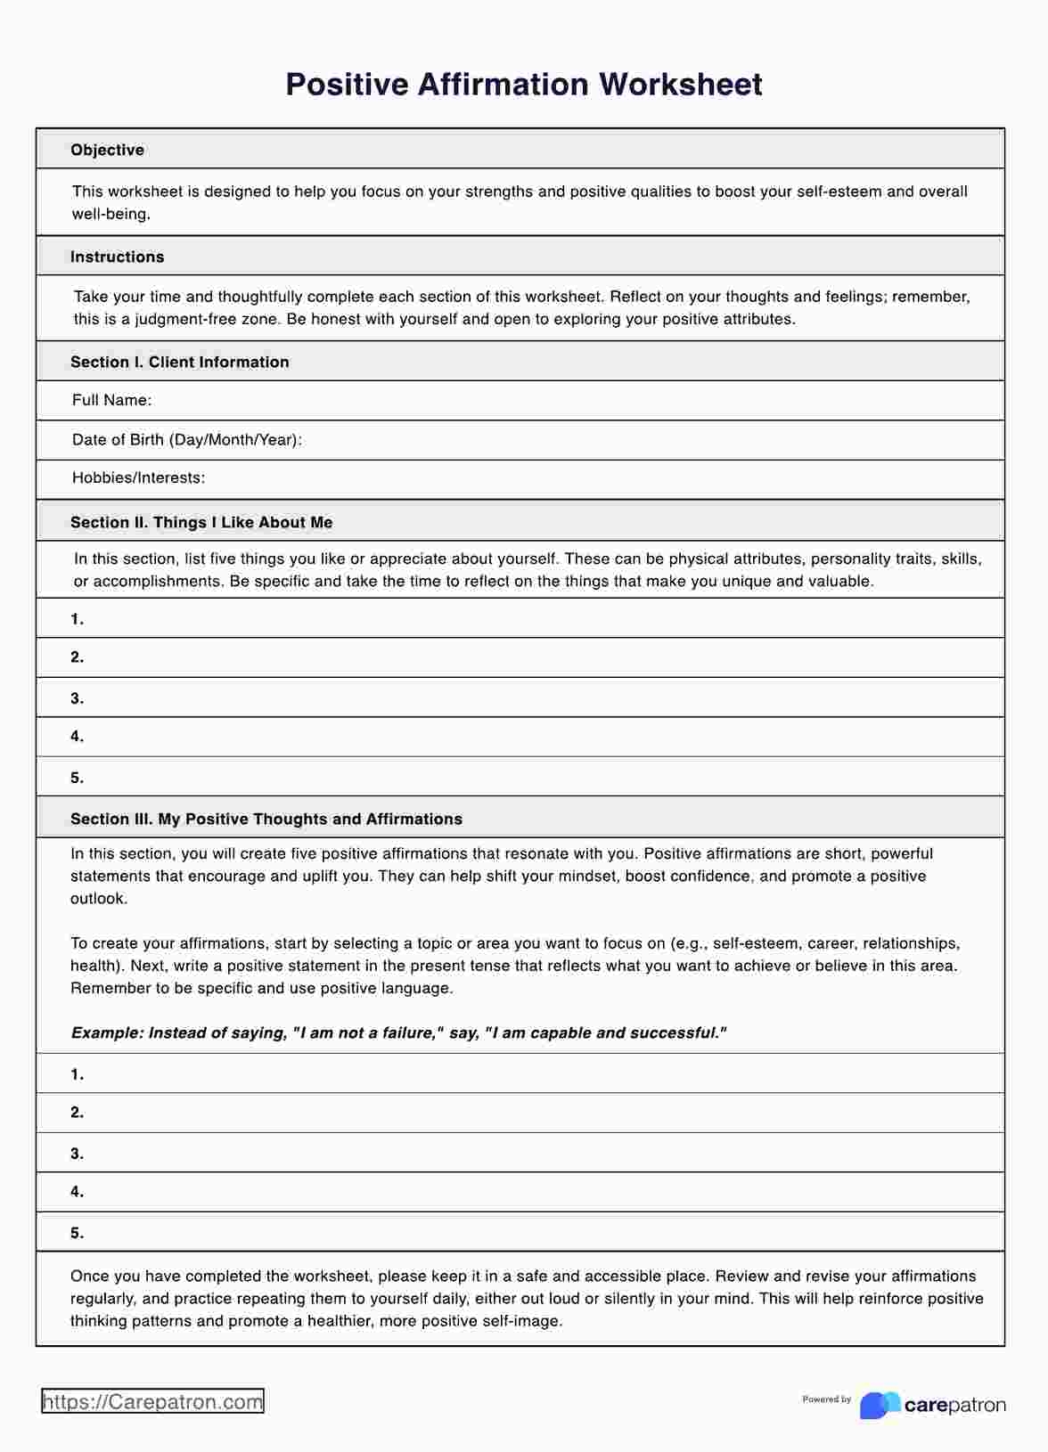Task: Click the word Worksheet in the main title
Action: (680, 85)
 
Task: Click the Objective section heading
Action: (107, 150)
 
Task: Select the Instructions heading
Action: (117, 257)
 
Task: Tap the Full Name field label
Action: (111, 400)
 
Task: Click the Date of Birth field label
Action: (186, 439)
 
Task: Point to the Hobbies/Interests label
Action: (138, 477)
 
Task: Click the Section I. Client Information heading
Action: (179, 362)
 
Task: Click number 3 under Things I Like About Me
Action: (77, 698)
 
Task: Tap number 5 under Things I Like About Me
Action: (77, 778)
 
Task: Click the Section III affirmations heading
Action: (266, 819)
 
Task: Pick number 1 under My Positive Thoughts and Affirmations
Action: (77, 1074)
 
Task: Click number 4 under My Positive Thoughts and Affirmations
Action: (77, 1191)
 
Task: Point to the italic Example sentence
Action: (398, 1032)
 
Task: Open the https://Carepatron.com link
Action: (152, 1401)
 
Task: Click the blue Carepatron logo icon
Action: (880, 1405)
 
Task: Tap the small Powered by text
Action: (826, 1399)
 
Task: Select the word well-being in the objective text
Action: (111, 214)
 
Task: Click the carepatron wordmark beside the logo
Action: (954, 1406)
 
